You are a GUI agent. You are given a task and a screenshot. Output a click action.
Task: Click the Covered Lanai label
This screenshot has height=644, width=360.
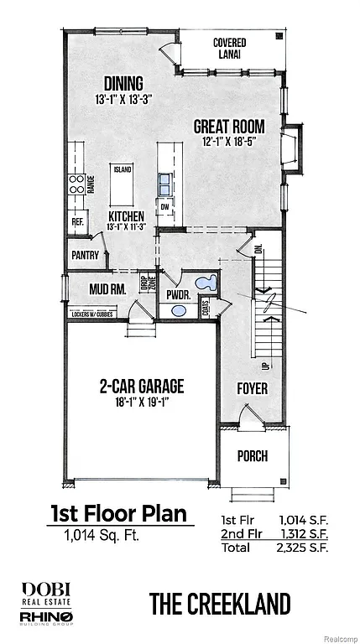click(228, 48)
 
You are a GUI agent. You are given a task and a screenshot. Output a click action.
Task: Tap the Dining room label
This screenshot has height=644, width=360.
click(123, 83)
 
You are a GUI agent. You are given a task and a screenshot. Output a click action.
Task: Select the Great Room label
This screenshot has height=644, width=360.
click(229, 127)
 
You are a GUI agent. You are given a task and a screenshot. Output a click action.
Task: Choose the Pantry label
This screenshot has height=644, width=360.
click(86, 255)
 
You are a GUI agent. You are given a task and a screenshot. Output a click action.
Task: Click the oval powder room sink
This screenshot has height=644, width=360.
click(179, 311)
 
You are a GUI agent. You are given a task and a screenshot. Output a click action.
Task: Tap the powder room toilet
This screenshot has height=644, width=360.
click(206, 283)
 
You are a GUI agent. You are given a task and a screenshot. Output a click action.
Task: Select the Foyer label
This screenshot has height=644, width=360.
click(252, 388)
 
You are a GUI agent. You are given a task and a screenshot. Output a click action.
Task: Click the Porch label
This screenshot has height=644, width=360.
click(253, 456)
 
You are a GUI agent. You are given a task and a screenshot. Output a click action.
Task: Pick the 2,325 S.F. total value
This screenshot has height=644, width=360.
click(301, 548)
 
